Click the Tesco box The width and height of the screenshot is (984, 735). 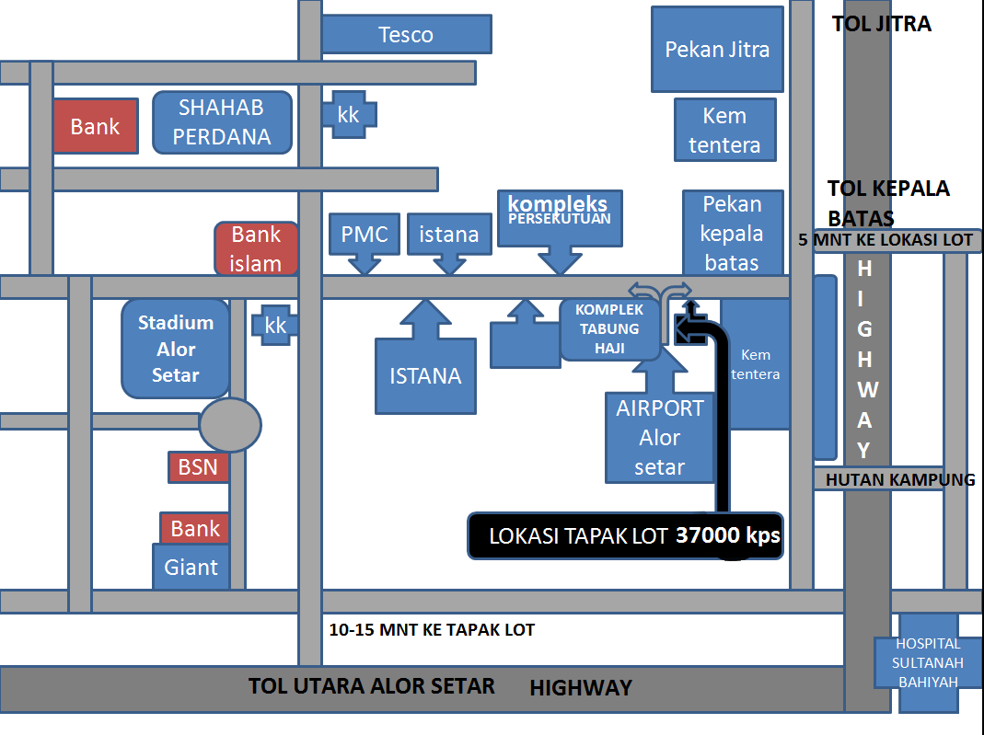[x=406, y=35]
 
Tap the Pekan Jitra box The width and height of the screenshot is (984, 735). [x=717, y=50]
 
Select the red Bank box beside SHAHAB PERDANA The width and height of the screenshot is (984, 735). [x=95, y=126]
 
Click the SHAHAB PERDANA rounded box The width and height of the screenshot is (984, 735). [x=222, y=122]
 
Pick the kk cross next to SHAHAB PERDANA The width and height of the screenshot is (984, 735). [x=349, y=115]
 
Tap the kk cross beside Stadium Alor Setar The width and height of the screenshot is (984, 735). [x=275, y=326]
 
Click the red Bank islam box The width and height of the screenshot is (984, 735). [x=256, y=249]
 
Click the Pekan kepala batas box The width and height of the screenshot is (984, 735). [x=733, y=233]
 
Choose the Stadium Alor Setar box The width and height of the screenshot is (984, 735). [x=176, y=349]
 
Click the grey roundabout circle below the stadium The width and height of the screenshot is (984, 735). [x=230, y=425]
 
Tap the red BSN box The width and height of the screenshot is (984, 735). [x=198, y=467]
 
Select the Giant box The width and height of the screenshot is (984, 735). [x=191, y=567]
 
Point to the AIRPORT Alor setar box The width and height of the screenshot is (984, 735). [x=659, y=438]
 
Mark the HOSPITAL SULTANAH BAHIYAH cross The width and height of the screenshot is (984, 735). [x=929, y=662]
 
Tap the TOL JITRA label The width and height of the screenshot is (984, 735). [x=881, y=25]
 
